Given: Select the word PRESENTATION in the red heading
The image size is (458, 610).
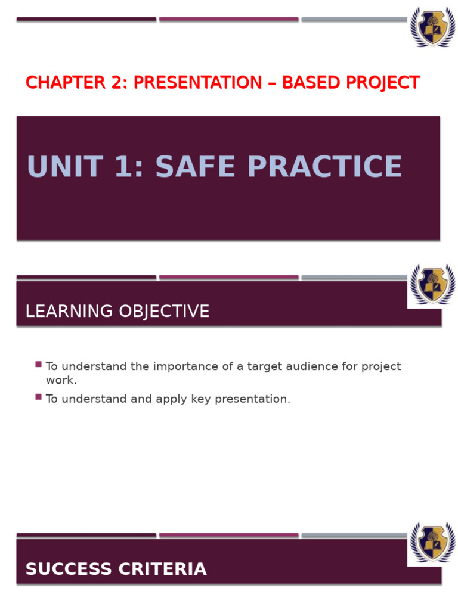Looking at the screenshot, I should click(x=197, y=83).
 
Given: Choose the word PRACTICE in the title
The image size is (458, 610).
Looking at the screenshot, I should click(x=324, y=167).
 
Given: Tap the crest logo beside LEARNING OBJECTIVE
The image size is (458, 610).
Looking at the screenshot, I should click(x=432, y=285).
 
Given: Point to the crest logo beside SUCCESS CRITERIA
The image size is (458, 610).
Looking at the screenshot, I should click(x=432, y=543).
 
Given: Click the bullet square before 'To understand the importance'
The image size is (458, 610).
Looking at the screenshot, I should click(x=39, y=364).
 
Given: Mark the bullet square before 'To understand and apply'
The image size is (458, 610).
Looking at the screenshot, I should click(x=39, y=396).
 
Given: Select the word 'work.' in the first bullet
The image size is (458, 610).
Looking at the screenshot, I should click(x=61, y=380).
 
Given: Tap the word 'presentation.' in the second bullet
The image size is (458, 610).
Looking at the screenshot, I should click(x=252, y=399).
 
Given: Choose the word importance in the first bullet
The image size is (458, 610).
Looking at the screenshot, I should click(x=185, y=366).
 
